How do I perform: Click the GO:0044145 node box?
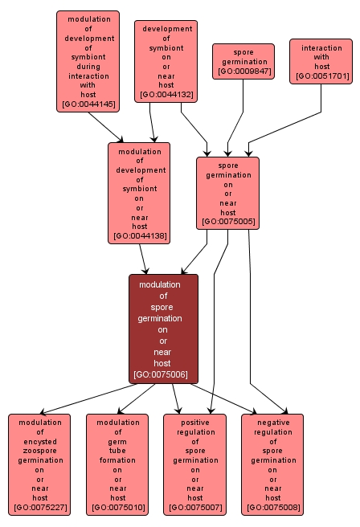click(88, 61)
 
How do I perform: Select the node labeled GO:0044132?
click(166, 62)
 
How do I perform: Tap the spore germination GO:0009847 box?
click(243, 61)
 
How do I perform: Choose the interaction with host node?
click(321, 61)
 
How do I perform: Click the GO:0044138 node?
click(139, 193)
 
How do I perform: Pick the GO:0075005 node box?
click(227, 193)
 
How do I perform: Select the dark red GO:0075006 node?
click(163, 329)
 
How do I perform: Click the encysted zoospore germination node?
click(40, 464)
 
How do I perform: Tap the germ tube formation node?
click(117, 464)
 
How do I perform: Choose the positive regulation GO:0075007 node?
click(194, 464)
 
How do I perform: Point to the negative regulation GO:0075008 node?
click(272, 464)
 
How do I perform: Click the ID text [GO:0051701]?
click(321, 76)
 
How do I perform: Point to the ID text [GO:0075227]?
click(40, 509)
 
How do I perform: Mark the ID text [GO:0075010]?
click(117, 509)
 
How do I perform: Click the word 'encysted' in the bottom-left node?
click(40, 442)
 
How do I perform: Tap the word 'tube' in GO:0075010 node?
click(117, 442)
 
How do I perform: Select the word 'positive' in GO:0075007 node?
click(194, 423)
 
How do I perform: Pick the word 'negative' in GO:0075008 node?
click(272, 423)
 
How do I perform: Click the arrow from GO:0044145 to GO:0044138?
click(105, 127)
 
